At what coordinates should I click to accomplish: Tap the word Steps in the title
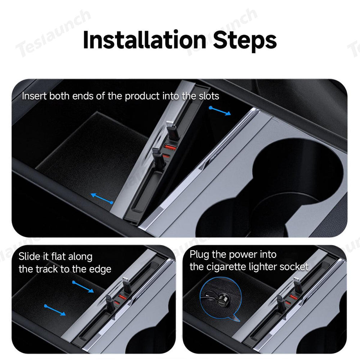pos(245,40)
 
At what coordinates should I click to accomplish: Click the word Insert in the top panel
pos(34,96)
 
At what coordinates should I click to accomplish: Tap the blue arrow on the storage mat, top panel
pos(102,198)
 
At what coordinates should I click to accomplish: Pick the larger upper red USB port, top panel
pos(171,148)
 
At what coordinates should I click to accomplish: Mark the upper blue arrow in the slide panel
pos(83,287)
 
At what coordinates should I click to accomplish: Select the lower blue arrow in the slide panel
pos(55,310)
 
